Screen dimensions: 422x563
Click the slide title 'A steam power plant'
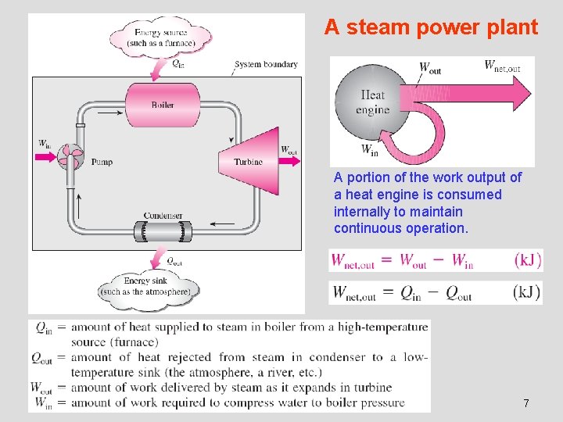[431, 28]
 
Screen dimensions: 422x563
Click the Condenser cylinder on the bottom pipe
[163, 231]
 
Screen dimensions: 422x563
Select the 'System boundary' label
[266, 64]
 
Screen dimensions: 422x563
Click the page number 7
[525, 403]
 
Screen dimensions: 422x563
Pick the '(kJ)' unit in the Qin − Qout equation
[525, 292]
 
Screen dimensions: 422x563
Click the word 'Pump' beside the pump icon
[102, 162]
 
